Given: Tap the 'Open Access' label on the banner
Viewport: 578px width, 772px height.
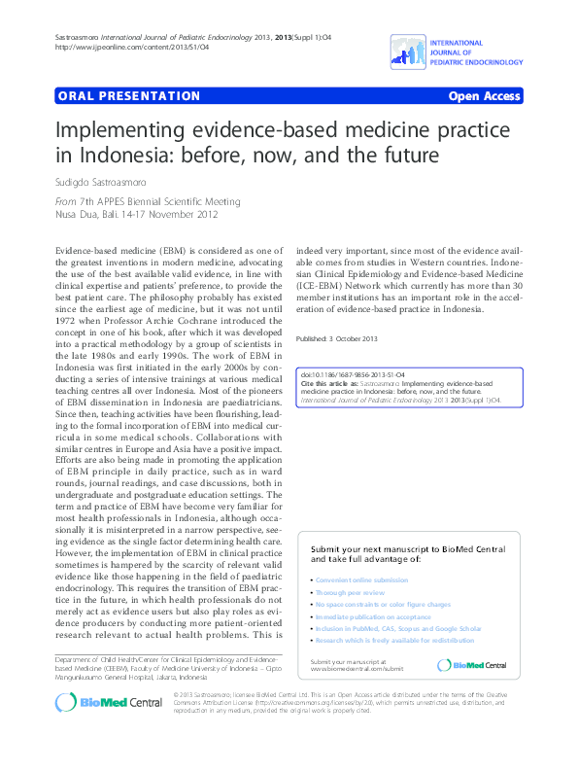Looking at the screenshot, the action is (485, 97).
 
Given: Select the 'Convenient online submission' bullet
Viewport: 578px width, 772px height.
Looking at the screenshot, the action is (362, 579).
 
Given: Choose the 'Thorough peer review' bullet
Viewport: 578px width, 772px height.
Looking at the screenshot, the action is (349, 591).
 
